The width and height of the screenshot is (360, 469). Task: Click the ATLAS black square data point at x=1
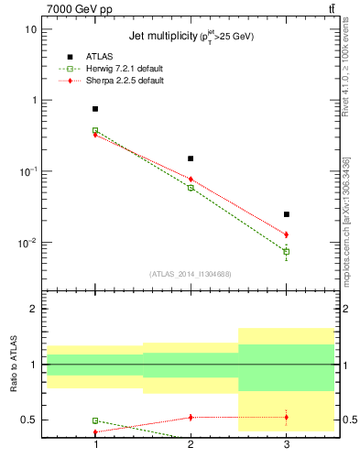click(95, 109)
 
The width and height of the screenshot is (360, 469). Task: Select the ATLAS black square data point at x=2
click(191, 158)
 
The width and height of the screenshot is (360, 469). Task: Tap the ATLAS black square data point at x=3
click(286, 214)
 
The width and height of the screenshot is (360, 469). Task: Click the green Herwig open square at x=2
click(191, 188)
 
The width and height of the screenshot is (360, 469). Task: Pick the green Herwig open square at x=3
click(286, 251)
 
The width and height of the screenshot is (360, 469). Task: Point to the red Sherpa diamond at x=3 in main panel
click(286, 234)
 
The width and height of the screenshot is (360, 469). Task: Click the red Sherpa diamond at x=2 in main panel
click(191, 179)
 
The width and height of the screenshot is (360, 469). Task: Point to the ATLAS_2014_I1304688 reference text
click(191, 274)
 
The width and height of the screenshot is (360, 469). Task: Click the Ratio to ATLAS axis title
click(12, 365)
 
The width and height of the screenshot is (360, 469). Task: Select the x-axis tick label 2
click(191, 444)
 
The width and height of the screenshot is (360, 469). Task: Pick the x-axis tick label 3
click(286, 444)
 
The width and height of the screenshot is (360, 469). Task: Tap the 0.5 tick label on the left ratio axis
click(28, 420)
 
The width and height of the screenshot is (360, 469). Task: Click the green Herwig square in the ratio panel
click(95, 420)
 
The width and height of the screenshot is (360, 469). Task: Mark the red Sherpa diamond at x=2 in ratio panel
click(191, 417)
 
